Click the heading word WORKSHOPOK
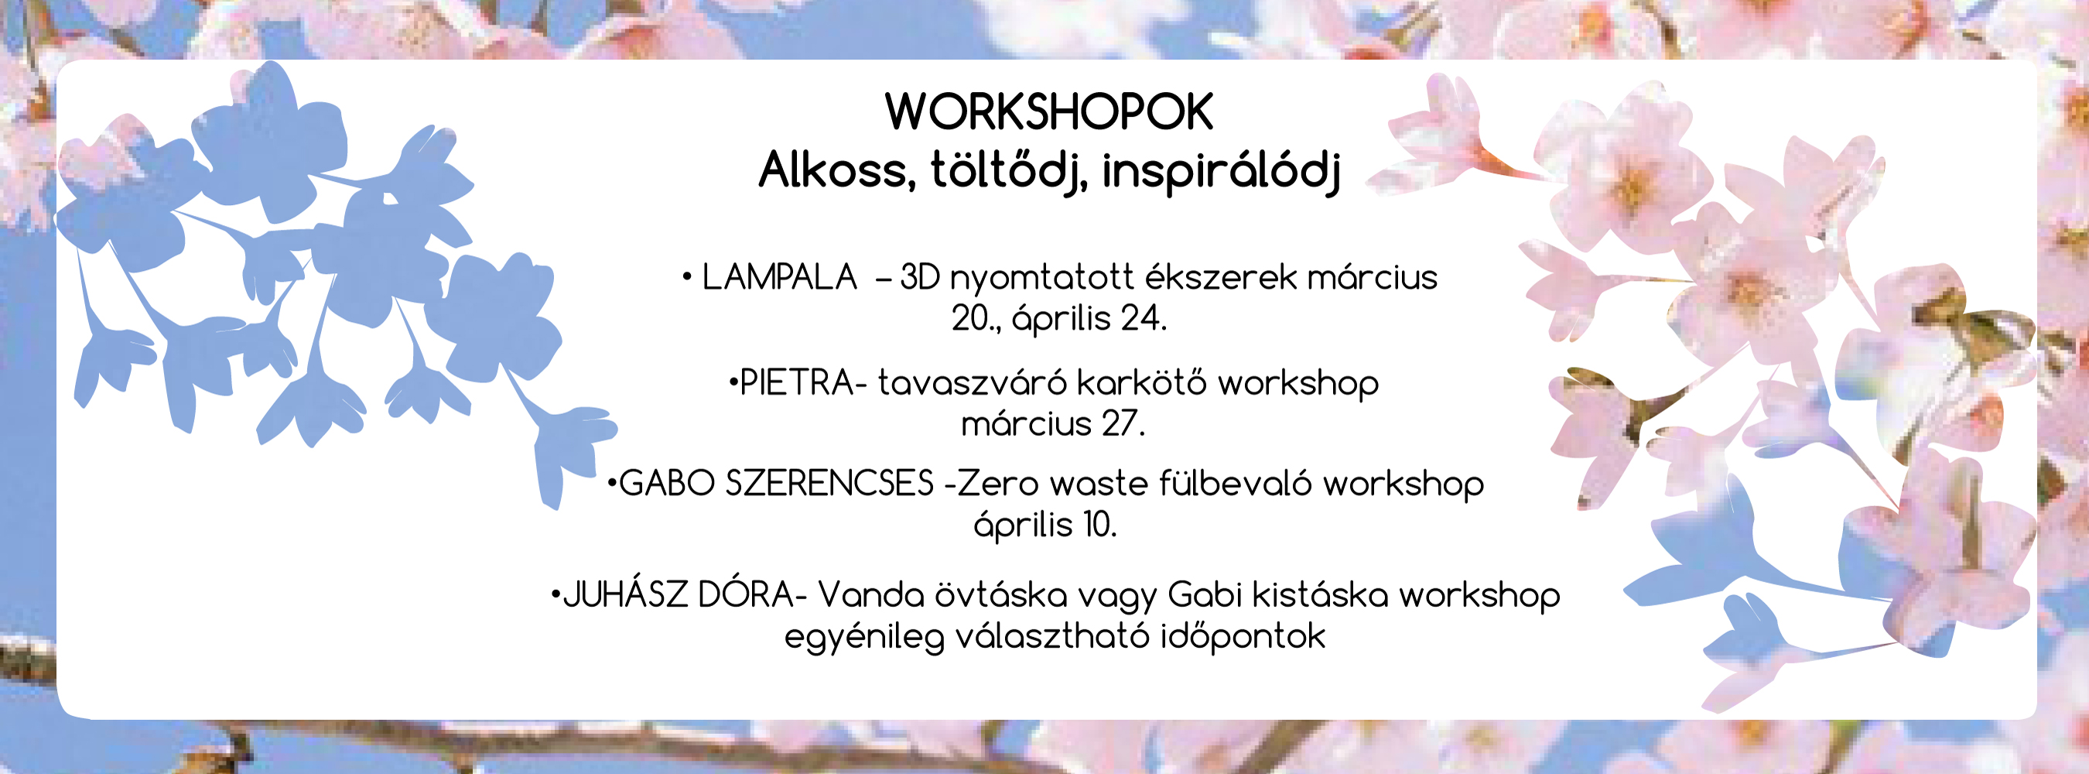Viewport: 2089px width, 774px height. (1048, 112)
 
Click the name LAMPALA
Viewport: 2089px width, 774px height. (779, 277)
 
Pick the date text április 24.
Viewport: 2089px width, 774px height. (1090, 319)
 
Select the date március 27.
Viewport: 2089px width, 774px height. (1052, 424)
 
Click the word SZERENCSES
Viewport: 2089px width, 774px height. (829, 485)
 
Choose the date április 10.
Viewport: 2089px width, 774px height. (1045, 526)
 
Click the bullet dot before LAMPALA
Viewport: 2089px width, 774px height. (687, 277)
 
